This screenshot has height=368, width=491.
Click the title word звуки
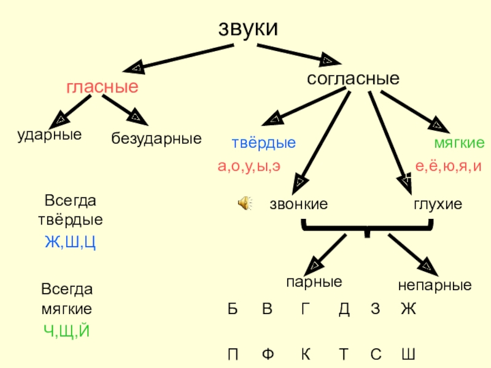[249, 28]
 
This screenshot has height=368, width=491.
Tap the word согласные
[353, 79]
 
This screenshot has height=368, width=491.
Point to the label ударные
[49, 134]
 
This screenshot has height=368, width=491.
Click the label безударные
[157, 139]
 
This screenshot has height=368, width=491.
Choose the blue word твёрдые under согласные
[263, 144]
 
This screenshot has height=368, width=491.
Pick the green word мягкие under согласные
[459, 144]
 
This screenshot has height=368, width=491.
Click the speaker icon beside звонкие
[244, 204]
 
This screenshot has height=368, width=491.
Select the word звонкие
[298, 204]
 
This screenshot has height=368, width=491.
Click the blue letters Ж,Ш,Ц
[71, 242]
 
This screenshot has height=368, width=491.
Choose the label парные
[314, 282]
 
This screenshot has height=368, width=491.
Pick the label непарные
[435, 285]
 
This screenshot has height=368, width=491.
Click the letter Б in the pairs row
[233, 310]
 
